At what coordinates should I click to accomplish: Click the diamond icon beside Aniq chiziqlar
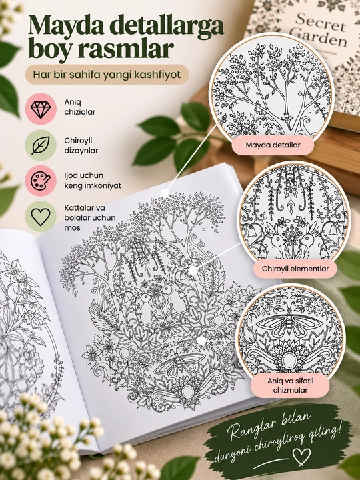41,109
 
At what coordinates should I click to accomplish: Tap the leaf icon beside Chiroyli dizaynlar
41,145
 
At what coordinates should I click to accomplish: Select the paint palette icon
41,181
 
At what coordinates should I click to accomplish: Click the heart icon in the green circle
41,217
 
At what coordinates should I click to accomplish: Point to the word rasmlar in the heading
125,49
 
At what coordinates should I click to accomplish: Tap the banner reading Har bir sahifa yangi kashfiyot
107,75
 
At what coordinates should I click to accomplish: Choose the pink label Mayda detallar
273,145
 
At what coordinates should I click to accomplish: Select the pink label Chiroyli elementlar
295,269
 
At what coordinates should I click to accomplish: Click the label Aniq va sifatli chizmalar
290,385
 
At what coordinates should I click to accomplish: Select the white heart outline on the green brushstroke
301,457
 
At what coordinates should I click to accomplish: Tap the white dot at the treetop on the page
165,193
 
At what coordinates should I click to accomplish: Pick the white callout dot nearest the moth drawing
201,341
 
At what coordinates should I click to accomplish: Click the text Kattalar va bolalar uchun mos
90,217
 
